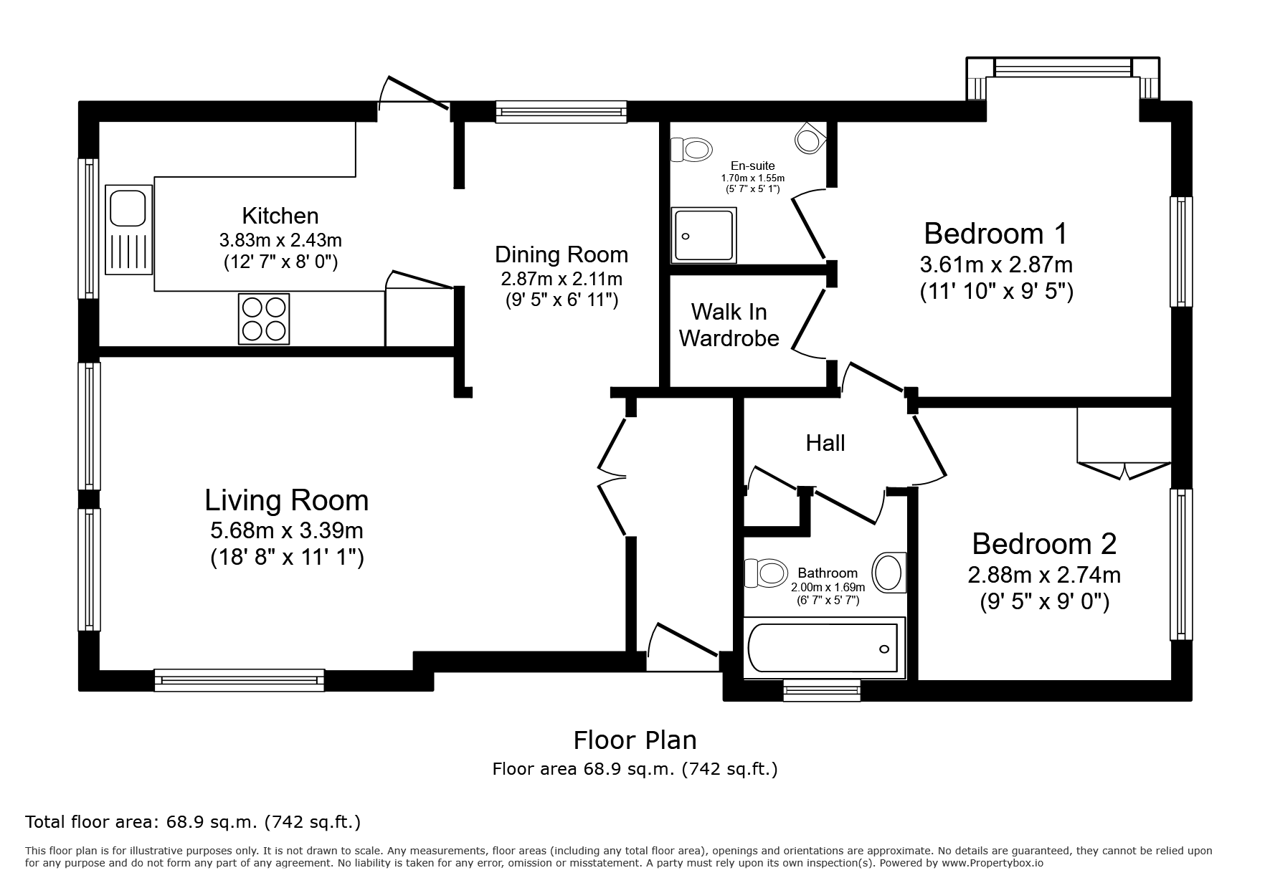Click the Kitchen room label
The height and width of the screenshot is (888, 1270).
point(280,216)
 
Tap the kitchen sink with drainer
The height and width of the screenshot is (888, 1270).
point(128,229)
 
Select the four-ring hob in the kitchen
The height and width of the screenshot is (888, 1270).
point(264,318)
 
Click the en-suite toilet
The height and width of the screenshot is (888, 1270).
point(691,150)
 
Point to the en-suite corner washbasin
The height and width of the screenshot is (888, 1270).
point(810,138)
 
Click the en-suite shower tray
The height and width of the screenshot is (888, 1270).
point(703,234)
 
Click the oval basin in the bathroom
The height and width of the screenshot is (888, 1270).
point(888,573)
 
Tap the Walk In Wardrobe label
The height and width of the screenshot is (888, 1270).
point(729,325)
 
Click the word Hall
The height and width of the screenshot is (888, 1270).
point(825,443)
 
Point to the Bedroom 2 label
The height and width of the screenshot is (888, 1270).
point(1044,544)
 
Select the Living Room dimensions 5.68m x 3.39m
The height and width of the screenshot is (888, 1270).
point(287,531)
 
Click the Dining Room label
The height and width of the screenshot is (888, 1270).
point(561,254)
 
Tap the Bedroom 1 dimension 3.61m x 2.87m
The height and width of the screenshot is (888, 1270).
point(996,265)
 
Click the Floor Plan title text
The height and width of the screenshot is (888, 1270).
point(635,740)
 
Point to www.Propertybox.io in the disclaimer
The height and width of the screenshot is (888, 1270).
point(992,863)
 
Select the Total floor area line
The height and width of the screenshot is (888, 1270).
point(193,822)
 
